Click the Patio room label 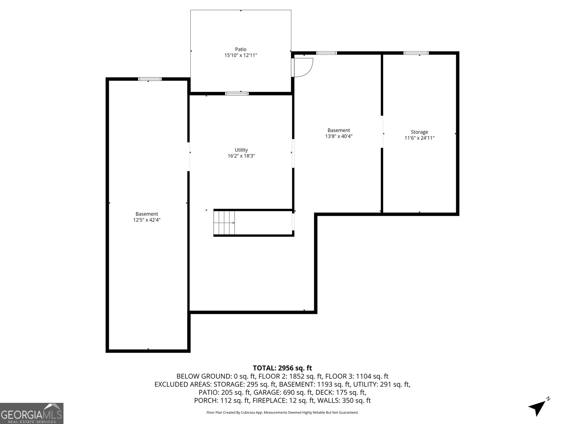click(241, 49)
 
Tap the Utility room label click(241, 150)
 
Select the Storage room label click(419, 132)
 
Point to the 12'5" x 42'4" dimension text click(147, 220)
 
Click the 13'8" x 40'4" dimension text click(339, 136)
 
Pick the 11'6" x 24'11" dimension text click(419, 138)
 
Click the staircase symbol click(225, 223)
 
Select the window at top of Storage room click(416, 53)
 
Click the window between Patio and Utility click(237, 94)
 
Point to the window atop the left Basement click(150, 79)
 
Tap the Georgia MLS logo click(32, 413)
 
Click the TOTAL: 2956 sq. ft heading click(282, 368)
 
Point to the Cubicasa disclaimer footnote click(282, 412)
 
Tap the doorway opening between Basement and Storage click(382, 131)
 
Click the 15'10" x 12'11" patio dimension click(241, 55)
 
